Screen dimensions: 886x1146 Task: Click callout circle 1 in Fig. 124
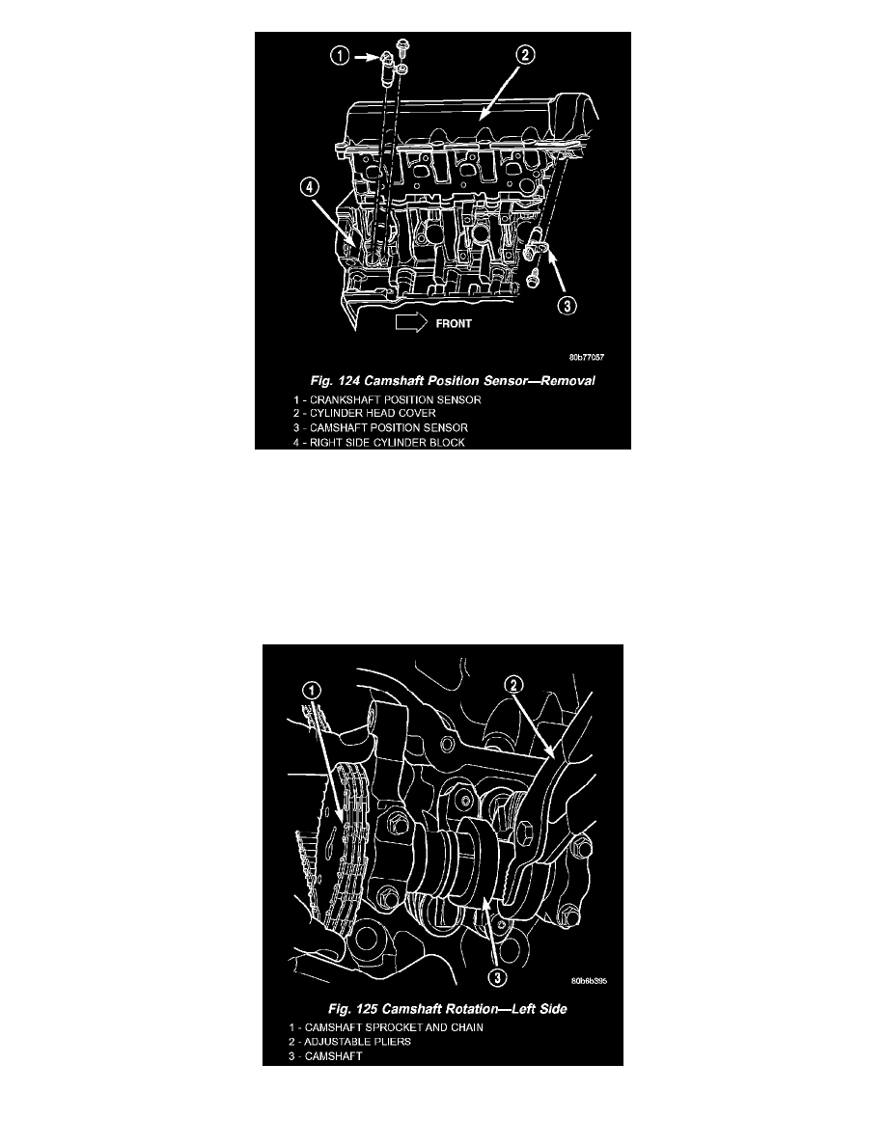click(340, 55)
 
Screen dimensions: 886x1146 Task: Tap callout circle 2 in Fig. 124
click(526, 54)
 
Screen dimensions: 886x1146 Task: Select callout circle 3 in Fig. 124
click(568, 306)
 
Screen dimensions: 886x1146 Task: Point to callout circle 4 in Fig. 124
click(310, 187)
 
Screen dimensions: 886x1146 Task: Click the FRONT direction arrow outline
click(411, 323)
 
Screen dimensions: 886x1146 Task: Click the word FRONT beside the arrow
click(454, 324)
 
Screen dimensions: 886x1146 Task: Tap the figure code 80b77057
click(587, 357)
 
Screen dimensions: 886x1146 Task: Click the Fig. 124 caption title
click(453, 381)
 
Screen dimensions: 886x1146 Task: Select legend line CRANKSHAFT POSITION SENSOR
click(387, 399)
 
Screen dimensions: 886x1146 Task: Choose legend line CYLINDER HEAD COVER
click(365, 413)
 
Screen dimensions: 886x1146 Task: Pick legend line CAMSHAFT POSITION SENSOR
click(381, 427)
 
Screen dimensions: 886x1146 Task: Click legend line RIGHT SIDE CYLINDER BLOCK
click(379, 442)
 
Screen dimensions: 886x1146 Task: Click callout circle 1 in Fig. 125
click(312, 691)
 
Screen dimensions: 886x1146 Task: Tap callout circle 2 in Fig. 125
click(514, 685)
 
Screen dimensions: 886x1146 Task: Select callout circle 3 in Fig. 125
click(497, 978)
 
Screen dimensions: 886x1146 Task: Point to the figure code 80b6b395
click(589, 981)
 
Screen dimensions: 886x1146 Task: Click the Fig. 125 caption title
click(448, 1009)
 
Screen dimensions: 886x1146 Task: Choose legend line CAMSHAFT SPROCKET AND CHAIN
click(386, 1027)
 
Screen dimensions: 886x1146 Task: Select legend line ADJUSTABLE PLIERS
click(349, 1042)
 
